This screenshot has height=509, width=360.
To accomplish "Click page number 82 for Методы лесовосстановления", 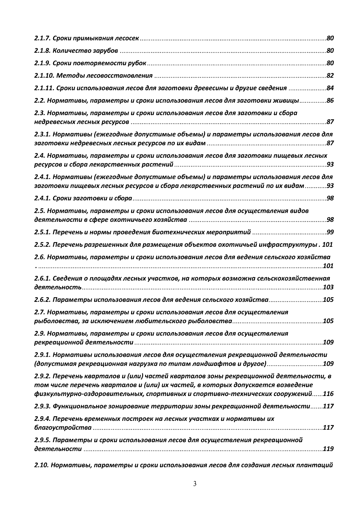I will tap(330, 76).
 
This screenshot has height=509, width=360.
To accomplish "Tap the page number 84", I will tap(330, 88).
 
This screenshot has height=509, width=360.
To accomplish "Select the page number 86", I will tap(330, 100).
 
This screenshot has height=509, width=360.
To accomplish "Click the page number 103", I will tap(328, 287).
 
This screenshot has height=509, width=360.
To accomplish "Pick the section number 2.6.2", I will tap(43, 300).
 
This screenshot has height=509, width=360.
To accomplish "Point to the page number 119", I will tap(328, 449).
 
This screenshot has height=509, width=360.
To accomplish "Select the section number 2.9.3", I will tap(43, 406).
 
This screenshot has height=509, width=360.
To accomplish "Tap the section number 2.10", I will tap(42, 465).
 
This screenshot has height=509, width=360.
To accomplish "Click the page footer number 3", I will tap(195, 484).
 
